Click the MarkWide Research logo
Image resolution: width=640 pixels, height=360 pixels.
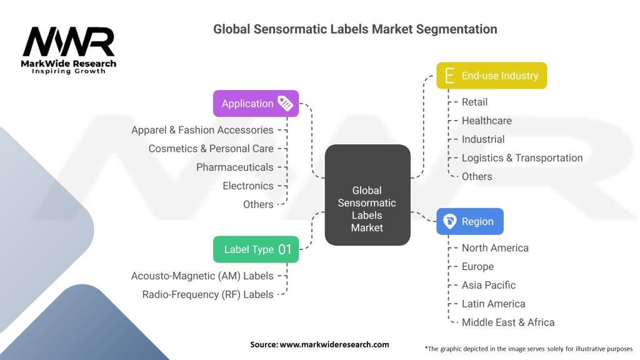pos(69,50)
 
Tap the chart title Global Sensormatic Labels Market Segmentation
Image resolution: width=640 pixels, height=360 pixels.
pos(355,29)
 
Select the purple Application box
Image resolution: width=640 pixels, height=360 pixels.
pos(256,104)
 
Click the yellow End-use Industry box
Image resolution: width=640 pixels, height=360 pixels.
pos(491,76)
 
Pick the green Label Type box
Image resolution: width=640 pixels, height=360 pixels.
pos(256,249)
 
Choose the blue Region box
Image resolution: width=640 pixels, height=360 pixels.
pos(469,221)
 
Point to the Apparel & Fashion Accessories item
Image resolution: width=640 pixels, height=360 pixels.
pos(202,130)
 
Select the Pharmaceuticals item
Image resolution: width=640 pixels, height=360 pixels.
pos(234,167)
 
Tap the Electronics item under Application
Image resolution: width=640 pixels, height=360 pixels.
pos(247,186)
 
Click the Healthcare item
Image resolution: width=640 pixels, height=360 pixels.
pos(486,121)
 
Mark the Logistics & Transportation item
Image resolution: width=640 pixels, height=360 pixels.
pos(522,158)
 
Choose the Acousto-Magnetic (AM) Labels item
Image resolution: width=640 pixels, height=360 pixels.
pos(202,276)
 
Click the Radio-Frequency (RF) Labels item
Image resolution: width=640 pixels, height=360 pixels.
pos(207,294)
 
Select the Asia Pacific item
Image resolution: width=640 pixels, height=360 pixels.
pos(489,285)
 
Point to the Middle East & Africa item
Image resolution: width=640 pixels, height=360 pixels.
pos(507,322)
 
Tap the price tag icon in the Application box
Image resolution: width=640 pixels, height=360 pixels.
pos(285,104)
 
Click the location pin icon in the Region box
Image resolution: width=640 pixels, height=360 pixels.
pos(449,221)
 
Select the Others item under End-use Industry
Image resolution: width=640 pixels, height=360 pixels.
pos(476,177)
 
